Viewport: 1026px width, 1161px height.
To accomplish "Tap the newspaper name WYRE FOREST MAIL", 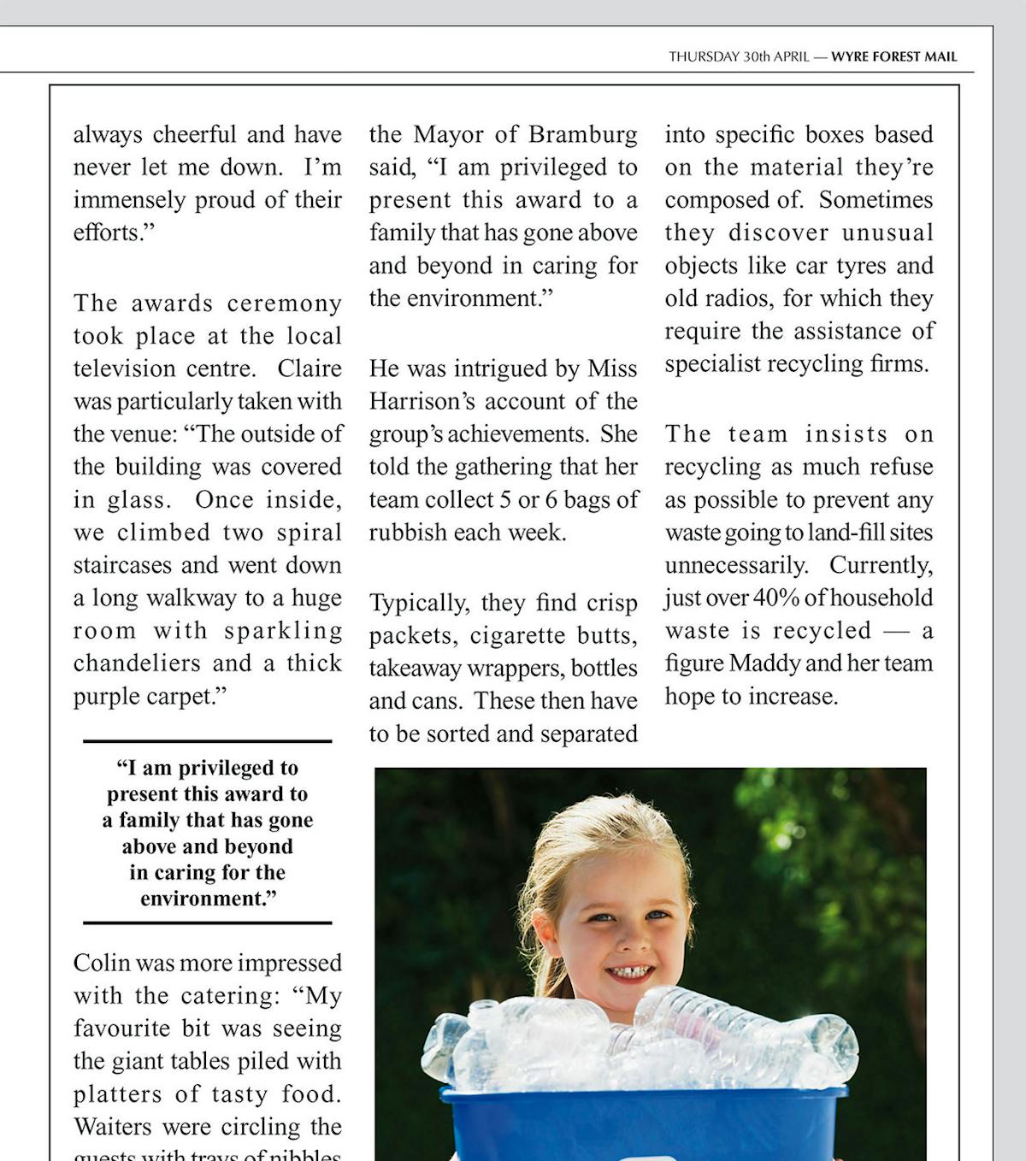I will coord(893,57).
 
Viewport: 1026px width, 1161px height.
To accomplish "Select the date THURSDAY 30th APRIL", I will coord(739,57).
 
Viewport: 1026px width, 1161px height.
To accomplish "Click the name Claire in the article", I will coord(310,368).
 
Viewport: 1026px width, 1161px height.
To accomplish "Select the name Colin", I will coord(102,963).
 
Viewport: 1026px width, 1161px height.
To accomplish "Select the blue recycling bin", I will coord(641,1124).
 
